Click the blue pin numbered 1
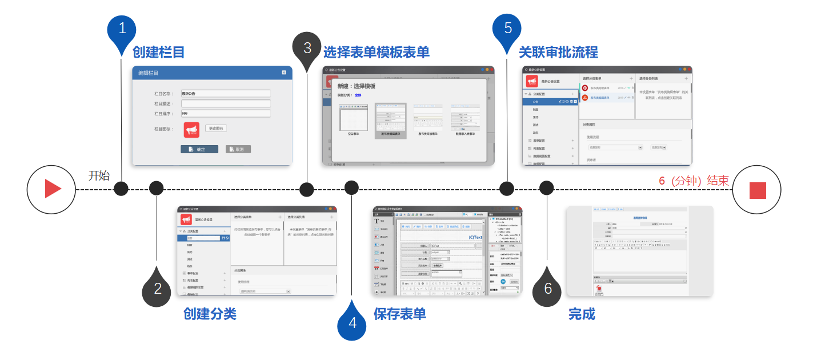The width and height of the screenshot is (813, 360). (122, 29)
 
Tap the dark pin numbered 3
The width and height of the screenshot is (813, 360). (307, 47)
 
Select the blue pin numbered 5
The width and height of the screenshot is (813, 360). (507, 29)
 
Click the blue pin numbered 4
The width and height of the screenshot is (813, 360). (351, 322)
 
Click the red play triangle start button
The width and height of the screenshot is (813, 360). (51, 189)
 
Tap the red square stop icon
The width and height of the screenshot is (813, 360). (757, 190)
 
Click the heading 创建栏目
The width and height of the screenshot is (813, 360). (158, 53)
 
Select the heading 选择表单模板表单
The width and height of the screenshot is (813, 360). (376, 53)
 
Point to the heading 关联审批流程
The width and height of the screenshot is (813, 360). (558, 53)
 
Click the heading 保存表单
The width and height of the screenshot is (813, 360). (399, 314)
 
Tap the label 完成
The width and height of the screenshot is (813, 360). (582, 314)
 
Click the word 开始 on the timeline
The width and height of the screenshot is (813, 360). (99, 175)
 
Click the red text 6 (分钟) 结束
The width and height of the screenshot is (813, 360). (694, 181)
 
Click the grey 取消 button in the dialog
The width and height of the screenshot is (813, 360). (238, 149)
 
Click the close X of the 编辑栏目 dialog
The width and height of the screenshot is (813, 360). (284, 73)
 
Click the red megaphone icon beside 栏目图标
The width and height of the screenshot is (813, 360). (191, 130)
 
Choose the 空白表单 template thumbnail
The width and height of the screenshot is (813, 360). (354, 119)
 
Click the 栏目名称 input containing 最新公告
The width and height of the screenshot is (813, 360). (225, 93)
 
